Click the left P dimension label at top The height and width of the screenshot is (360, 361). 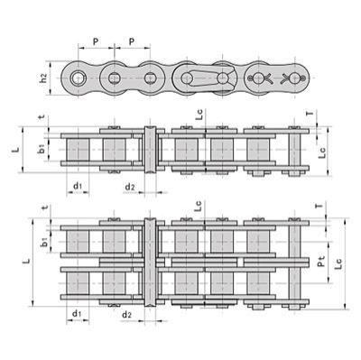point(96,42)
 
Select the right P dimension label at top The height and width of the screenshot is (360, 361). point(132,42)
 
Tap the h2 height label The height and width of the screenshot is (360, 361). point(44,78)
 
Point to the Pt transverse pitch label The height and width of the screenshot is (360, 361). point(321,261)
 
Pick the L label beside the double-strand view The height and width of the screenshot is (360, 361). point(27,261)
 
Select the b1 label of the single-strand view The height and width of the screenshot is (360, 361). point(42,148)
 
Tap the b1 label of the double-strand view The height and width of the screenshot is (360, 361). point(44,242)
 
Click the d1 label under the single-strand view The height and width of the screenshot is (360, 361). point(78,186)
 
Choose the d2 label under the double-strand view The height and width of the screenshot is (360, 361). point(126,315)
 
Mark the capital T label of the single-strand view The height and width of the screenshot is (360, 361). point(310,113)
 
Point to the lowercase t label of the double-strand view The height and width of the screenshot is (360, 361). point(45,207)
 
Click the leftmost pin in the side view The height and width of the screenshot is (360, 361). point(79,78)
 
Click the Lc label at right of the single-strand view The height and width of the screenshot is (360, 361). point(322,152)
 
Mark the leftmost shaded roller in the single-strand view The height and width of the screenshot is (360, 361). point(78,150)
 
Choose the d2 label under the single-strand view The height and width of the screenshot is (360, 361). point(130,187)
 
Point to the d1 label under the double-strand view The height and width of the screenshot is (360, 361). point(77,314)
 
